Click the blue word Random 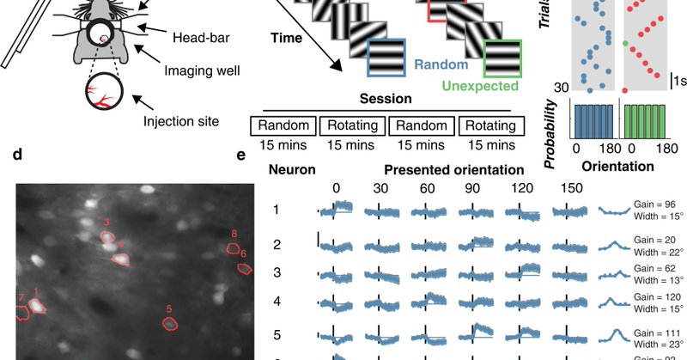tap(441, 64)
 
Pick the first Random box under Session tap(283, 125)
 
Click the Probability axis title tap(555, 128)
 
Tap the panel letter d tap(18, 157)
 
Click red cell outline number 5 tap(170, 323)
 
